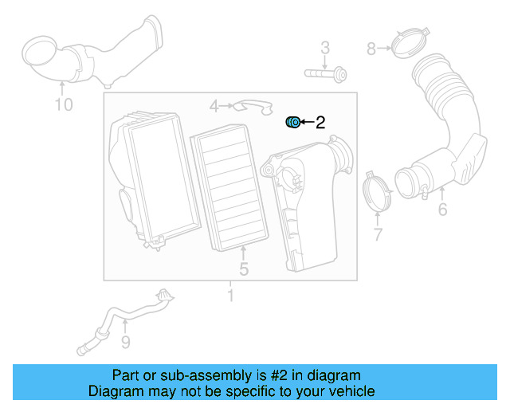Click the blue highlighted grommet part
(292, 122)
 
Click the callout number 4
(214, 106)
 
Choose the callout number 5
(244, 269)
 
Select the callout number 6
(442, 210)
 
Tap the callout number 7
(378, 234)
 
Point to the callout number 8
(371, 49)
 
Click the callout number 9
(125, 343)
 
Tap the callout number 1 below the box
(230, 296)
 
